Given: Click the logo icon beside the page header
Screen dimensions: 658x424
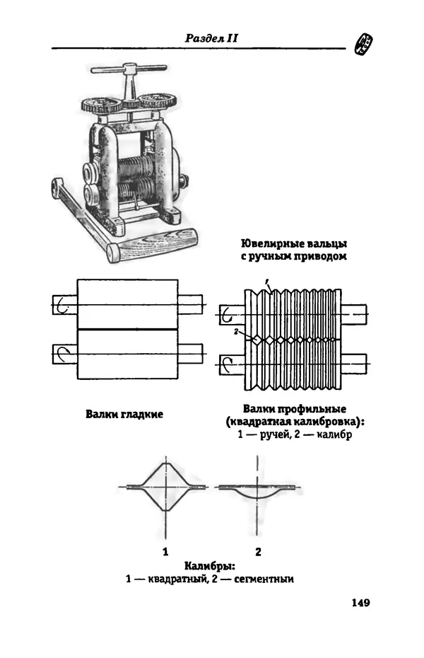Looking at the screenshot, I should [x=363, y=44].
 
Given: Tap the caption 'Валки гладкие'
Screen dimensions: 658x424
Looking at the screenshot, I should [x=124, y=414].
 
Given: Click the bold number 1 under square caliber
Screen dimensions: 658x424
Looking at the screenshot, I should [x=165, y=551].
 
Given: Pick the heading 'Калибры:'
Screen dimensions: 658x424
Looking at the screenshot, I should [x=210, y=566].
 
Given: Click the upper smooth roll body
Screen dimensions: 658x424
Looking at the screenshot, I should [x=127, y=304].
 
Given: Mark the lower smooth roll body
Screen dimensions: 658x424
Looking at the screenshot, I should [x=127, y=354].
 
